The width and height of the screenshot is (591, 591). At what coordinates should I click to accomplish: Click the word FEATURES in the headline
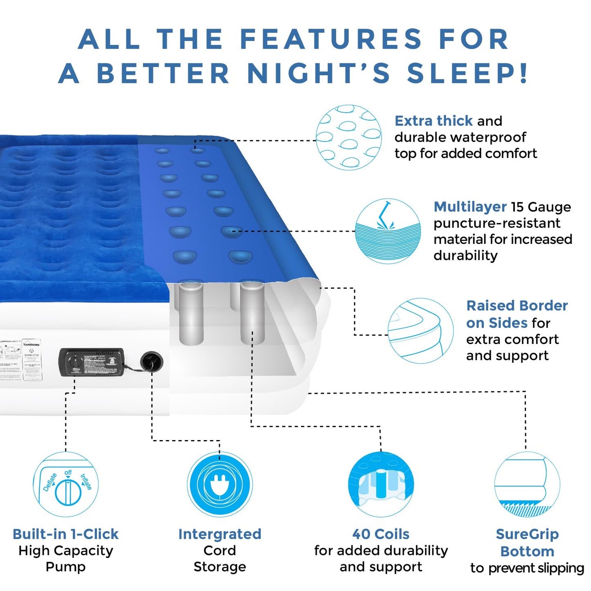coord(330,39)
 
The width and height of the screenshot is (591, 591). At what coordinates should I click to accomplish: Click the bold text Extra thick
coord(434,121)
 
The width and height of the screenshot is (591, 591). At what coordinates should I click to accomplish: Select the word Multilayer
coord(470,207)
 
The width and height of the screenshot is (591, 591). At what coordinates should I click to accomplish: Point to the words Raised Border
coord(517,306)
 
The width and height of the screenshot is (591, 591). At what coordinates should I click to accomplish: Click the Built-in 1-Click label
coord(65,534)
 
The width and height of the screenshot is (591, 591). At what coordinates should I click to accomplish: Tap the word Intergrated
coord(220,534)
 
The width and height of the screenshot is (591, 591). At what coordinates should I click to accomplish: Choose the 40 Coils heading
coord(381,534)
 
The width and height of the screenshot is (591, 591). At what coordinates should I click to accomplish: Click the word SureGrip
coord(527,534)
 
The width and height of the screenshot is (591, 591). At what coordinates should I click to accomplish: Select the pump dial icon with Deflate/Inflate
coord(66,485)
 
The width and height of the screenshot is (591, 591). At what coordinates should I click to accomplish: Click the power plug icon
coord(220,485)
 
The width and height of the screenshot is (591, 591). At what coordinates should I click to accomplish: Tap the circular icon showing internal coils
coord(381,485)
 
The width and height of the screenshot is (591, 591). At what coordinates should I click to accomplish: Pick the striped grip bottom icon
coord(527,485)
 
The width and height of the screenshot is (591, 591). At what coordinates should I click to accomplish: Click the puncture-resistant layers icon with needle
coord(388,231)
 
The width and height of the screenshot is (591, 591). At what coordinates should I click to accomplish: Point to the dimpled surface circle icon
coord(348,137)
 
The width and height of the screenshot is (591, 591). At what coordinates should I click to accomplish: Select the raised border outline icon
coord(420,330)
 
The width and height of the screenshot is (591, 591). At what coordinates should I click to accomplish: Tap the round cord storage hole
coord(151,362)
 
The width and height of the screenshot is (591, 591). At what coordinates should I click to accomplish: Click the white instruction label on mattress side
coord(31,360)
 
